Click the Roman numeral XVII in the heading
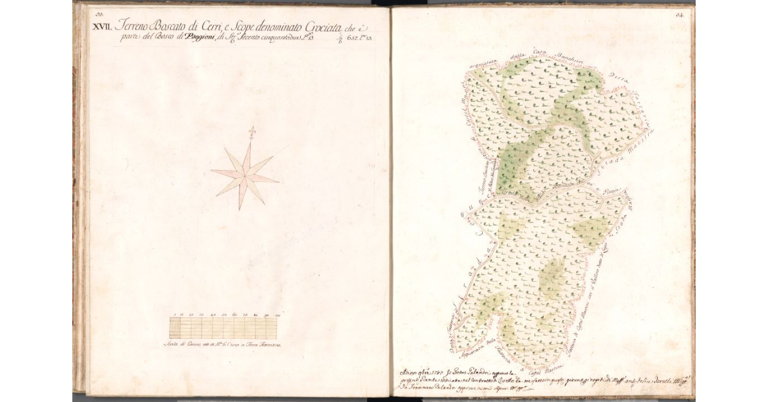pos(102,26)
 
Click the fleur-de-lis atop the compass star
pos(252,131)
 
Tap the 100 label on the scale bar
pos(277,316)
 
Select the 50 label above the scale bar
pos(224,316)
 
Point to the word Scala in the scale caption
pos(172,345)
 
